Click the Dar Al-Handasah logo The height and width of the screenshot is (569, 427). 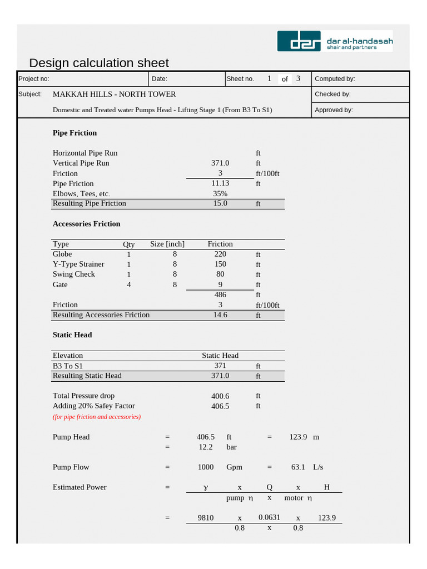click(x=335, y=41)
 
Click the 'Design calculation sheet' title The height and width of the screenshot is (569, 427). click(x=98, y=63)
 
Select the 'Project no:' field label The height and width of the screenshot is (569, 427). click(x=34, y=79)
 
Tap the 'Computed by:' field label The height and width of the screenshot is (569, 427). click(x=335, y=79)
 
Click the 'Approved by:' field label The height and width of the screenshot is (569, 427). click(x=334, y=110)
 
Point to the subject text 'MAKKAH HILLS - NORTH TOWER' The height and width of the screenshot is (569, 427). click(x=114, y=94)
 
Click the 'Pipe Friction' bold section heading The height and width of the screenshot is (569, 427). click(x=75, y=133)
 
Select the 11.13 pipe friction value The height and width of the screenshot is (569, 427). click(x=220, y=183)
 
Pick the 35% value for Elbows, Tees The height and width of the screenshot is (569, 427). click(x=220, y=193)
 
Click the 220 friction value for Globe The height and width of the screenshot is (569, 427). click(x=220, y=254)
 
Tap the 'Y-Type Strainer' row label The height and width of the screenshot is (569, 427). click(x=78, y=264)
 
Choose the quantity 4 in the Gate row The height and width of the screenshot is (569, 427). click(x=129, y=284)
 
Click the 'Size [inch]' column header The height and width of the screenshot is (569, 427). click(x=167, y=244)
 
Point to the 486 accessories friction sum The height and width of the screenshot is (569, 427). click(x=220, y=295)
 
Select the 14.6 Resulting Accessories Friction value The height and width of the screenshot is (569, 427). click(x=220, y=315)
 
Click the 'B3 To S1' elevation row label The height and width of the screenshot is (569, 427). click(x=68, y=366)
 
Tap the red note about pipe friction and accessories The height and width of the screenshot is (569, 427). click(x=97, y=417)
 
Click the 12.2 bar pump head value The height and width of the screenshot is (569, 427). click(x=206, y=447)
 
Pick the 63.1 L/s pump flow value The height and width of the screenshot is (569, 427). click(x=298, y=467)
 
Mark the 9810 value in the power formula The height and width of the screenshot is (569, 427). click(x=206, y=517)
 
